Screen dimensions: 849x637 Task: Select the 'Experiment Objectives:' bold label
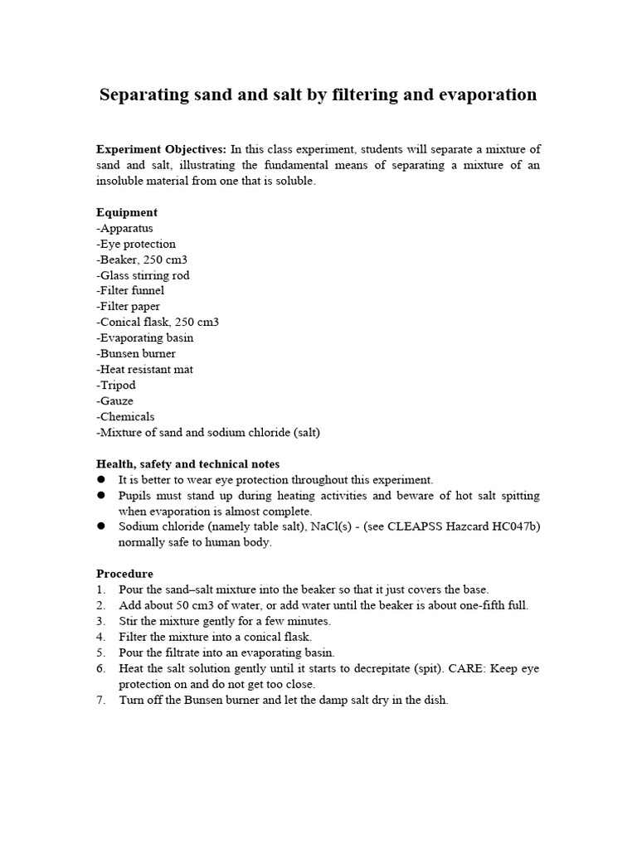(x=161, y=149)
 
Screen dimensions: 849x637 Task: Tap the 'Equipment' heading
(x=127, y=212)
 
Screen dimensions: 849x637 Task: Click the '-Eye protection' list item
(x=136, y=244)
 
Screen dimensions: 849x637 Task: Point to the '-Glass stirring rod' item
(x=143, y=275)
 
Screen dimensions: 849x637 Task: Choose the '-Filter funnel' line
(x=130, y=291)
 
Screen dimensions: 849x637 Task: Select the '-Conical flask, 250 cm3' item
(x=158, y=323)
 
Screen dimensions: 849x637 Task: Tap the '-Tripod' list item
(x=116, y=386)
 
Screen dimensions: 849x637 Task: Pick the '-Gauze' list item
(x=114, y=401)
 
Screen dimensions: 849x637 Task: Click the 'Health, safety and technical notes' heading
(x=187, y=464)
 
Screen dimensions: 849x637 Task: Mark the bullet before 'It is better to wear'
(x=101, y=480)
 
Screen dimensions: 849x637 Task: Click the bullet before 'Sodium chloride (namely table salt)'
(x=101, y=527)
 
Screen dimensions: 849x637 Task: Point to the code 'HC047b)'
(x=518, y=527)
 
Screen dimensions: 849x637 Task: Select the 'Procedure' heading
(x=124, y=574)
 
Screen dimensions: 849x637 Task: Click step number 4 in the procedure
(x=100, y=637)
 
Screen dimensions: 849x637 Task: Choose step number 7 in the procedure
(x=100, y=700)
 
